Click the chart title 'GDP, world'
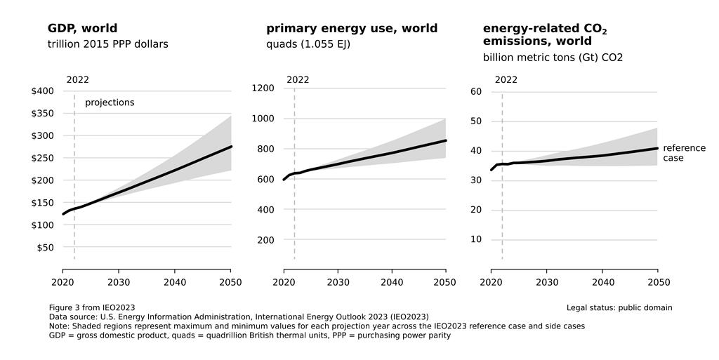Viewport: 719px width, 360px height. pos(82,29)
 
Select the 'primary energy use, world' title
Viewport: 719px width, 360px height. pos(352,29)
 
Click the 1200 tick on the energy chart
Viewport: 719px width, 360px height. pos(263,88)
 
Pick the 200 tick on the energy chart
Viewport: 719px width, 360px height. pos(265,240)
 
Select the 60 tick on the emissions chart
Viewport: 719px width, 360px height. pos(475,92)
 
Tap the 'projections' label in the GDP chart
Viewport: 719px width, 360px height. pos(110,103)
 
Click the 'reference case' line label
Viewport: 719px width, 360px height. pos(684,153)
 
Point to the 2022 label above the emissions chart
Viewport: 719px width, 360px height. pos(506,79)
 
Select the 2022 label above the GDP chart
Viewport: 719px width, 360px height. pos(77,79)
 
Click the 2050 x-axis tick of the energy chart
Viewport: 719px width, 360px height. pos(444,282)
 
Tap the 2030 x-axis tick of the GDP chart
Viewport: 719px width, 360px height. pos(119,282)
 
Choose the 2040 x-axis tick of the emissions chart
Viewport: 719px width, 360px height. pos(602,282)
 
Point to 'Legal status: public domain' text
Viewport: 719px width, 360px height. pos(619,307)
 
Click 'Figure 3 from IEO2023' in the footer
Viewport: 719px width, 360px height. pos(92,307)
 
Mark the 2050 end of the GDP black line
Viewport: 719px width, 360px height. pos(231,147)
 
